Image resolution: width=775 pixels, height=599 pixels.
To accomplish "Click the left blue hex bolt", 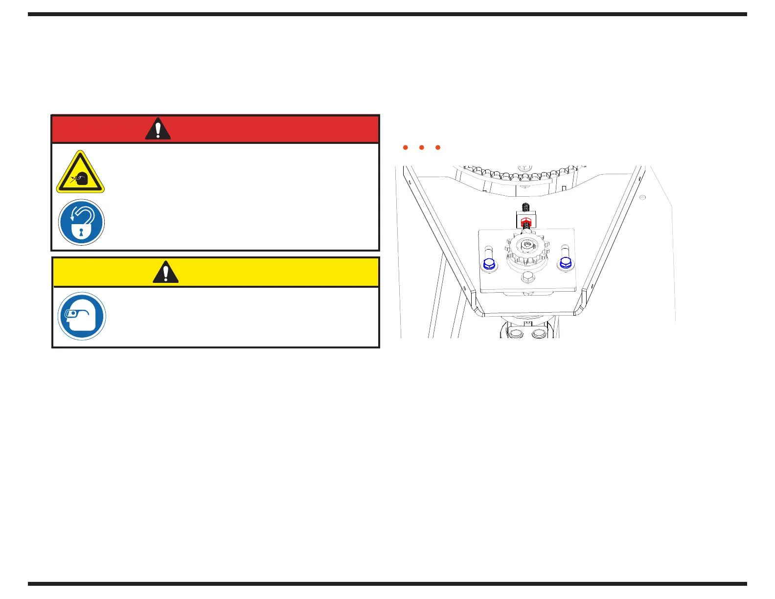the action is [489, 264].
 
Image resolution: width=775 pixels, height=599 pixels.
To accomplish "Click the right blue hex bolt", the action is [565, 263].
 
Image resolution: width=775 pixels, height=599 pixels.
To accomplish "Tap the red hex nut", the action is [526, 221].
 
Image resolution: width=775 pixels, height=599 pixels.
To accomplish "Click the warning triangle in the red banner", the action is [158, 129].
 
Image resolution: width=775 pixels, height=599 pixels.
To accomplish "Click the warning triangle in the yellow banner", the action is [165, 272].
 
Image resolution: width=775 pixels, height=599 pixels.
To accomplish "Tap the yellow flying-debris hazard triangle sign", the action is [80, 173].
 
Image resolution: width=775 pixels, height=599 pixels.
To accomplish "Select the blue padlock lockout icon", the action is [81, 222].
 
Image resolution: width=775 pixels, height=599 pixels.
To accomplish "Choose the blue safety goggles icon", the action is [82, 316].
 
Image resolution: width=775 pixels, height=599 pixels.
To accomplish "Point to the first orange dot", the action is [406, 147].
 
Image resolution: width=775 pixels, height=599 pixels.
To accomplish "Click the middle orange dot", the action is [422, 147].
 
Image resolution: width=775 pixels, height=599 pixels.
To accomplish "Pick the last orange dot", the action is [438, 147].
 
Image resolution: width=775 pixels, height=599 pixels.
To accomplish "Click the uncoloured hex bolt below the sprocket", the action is [527, 277].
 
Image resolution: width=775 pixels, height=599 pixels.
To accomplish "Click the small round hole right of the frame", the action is [643, 197].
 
